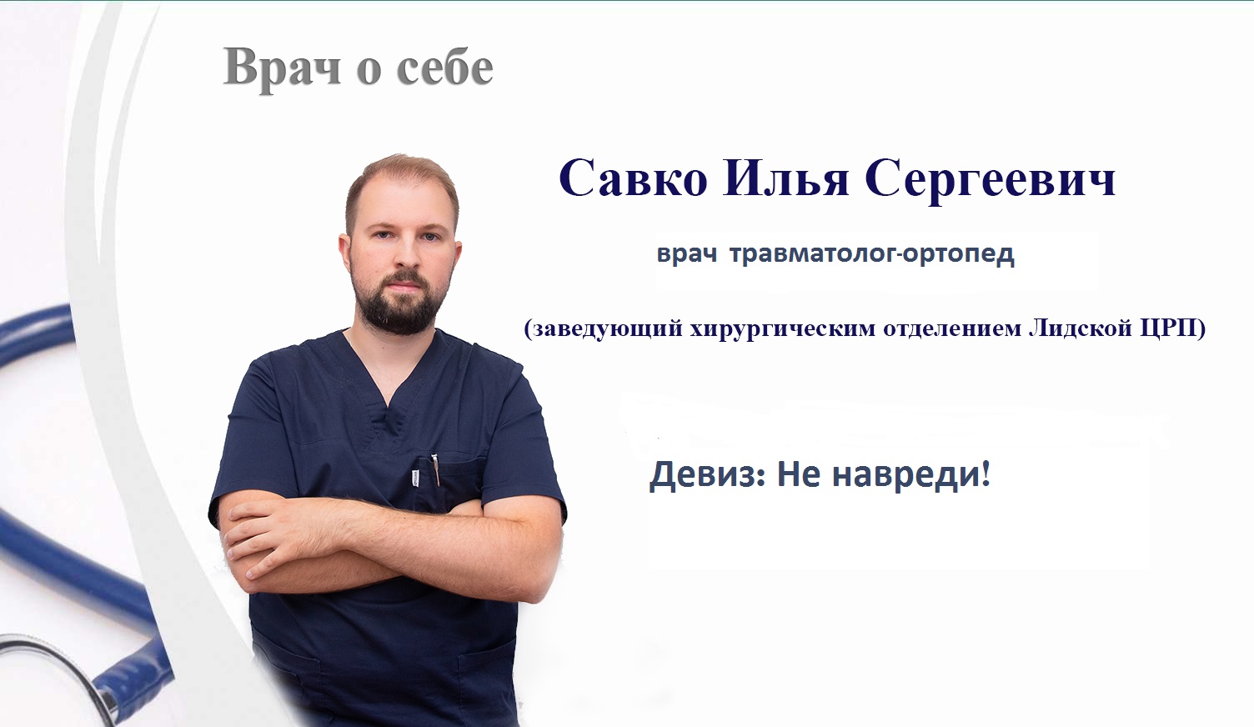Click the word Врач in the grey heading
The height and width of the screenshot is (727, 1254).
[282, 68]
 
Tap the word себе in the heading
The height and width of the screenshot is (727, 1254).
[445, 69]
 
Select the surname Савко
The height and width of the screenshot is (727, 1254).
[633, 178]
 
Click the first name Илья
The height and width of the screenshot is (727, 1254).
[786, 178]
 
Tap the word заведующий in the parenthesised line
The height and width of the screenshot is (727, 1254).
[604, 328]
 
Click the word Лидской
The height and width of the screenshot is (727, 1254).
[1081, 328]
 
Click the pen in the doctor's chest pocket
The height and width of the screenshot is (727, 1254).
[435, 469]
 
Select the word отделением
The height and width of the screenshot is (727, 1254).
[953, 328]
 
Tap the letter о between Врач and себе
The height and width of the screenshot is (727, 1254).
[369, 72]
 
